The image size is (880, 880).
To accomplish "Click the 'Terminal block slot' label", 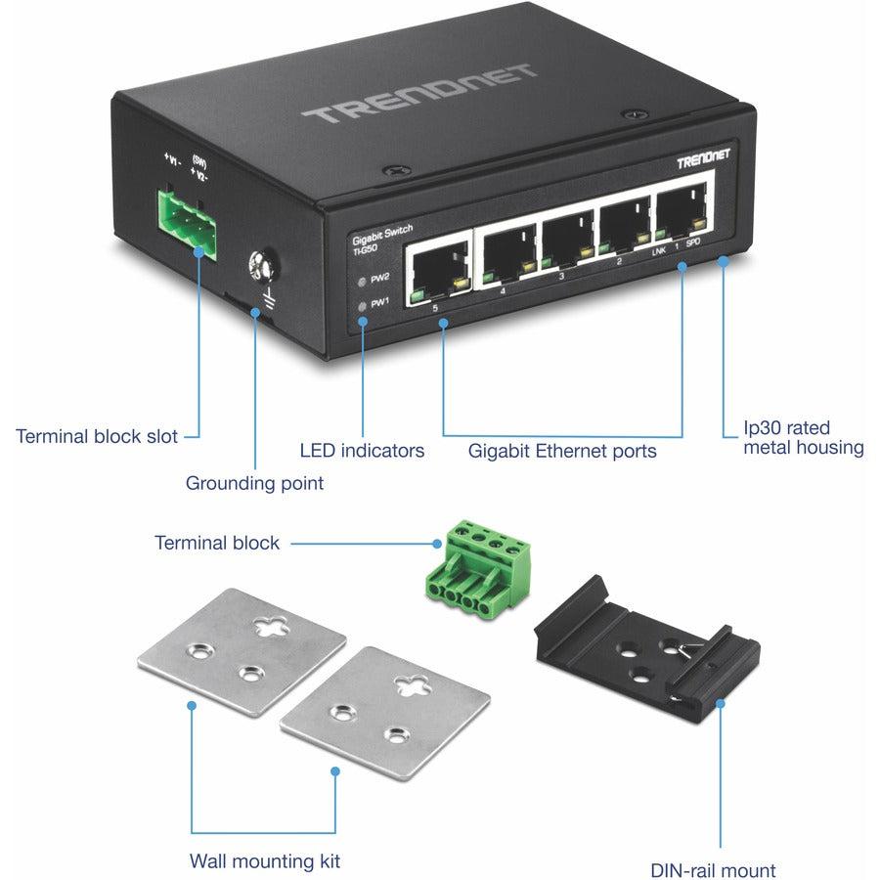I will (x=97, y=436).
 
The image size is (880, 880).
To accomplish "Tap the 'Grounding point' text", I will (x=254, y=483).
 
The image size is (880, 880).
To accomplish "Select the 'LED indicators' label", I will (x=362, y=451).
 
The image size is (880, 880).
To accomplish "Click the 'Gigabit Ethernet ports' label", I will (x=561, y=451).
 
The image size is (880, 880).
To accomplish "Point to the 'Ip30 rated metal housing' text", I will (x=803, y=438).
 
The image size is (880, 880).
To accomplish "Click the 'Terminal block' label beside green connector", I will (x=217, y=543).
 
